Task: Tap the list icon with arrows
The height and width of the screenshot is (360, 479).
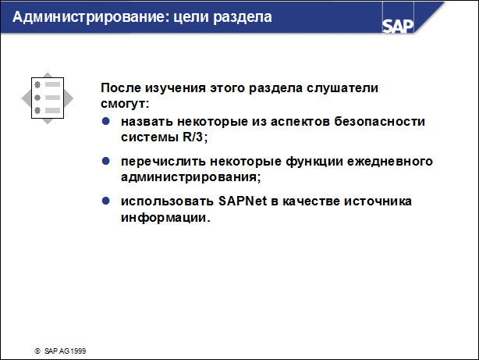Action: click(47, 98)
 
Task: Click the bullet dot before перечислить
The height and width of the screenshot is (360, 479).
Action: click(107, 162)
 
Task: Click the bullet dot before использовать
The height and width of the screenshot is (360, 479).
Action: click(107, 201)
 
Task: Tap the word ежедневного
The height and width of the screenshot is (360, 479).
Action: click(389, 162)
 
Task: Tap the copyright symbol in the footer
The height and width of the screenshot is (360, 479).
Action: click(36, 352)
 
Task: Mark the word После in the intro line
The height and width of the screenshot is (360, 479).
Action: click(121, 88)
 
